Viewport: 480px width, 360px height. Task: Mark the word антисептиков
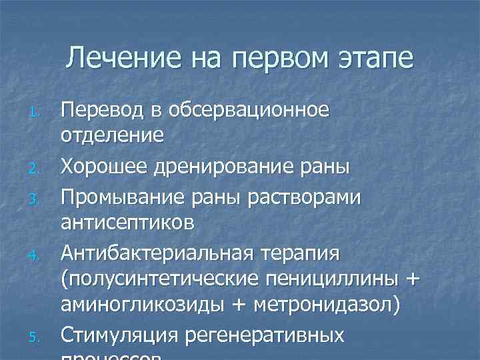128,222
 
